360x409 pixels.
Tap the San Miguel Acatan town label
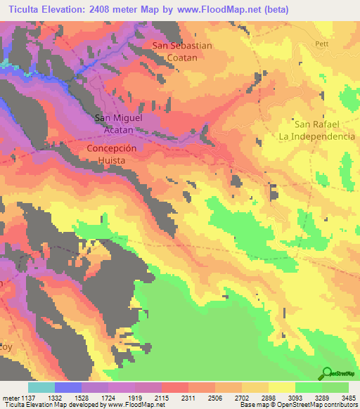point(119,124)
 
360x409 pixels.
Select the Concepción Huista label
point(116,155)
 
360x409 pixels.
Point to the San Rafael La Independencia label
point(316,130)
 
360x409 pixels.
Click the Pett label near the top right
point(322,44)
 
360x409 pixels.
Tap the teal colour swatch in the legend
point(41,387)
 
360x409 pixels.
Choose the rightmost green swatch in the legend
point(335,387)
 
